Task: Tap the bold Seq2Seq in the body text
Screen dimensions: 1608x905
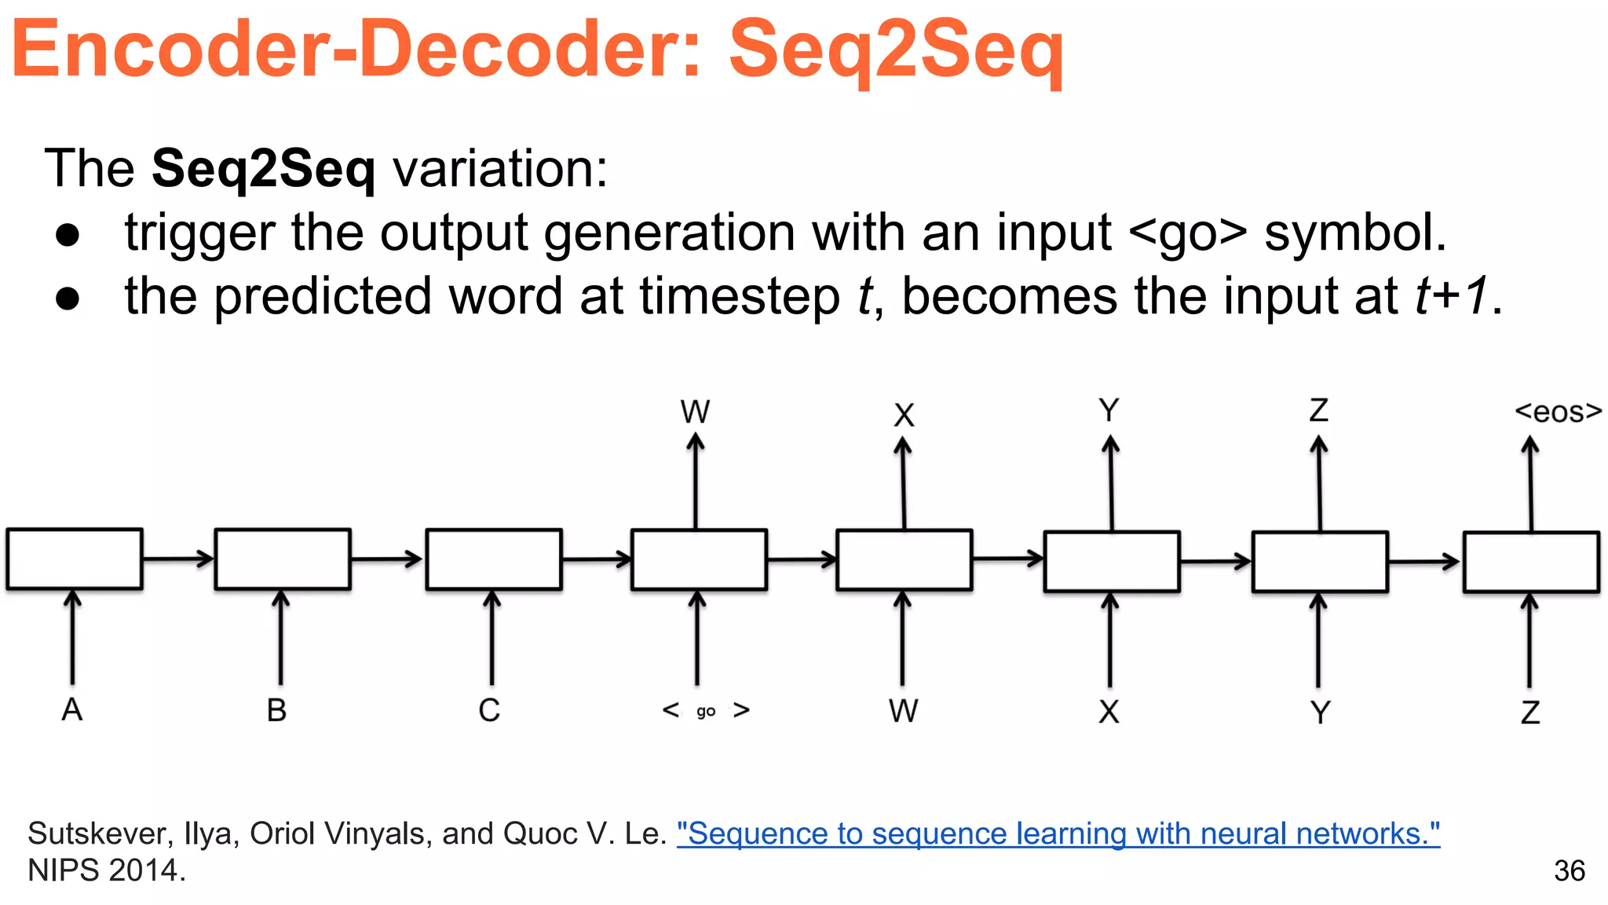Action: (263, 168)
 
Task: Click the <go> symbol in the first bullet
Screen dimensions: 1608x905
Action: (1187, 233)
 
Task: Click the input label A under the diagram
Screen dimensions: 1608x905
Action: (71, 709)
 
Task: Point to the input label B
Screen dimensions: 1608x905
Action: (276, 710)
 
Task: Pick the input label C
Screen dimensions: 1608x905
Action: (489, 710)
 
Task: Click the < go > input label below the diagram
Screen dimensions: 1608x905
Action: (705, 711)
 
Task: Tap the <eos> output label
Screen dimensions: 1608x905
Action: (1558, 412)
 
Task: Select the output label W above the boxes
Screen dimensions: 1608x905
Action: (695, 412)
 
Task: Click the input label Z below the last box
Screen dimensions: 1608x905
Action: (1530, 713)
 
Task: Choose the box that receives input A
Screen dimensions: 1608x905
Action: (75, 559)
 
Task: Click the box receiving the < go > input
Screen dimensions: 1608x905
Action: (699, 559)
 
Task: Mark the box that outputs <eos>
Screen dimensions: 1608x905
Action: (1531, 562)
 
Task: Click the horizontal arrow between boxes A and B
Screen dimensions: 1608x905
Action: (178, 559)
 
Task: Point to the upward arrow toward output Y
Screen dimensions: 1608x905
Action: (1111, 483)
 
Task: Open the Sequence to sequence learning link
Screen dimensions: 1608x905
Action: (1058, 834)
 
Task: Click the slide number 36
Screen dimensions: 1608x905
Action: (1569, 870)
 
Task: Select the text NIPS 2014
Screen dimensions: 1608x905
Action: (107, 870)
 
